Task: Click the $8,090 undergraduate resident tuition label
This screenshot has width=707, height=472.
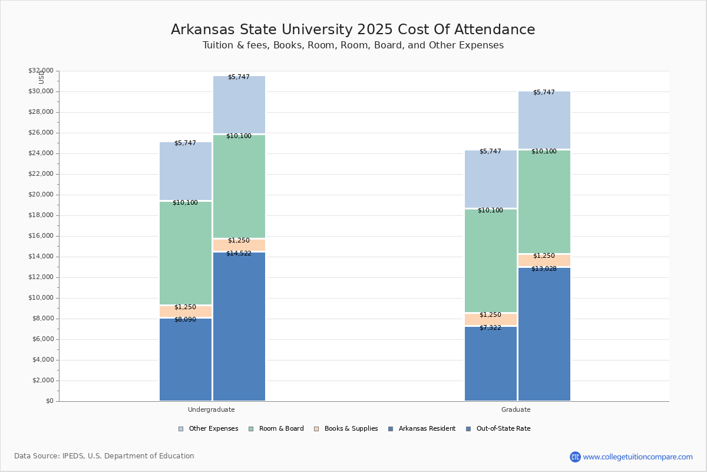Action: click(185, 320)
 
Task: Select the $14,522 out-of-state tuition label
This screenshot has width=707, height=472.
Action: click(239, 254)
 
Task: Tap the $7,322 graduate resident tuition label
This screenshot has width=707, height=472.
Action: click(490, 328)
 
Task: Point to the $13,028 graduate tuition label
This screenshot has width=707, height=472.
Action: click(544, 269)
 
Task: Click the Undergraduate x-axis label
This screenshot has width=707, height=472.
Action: click(211, 409)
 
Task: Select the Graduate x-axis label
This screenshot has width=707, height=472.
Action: click(516, 409)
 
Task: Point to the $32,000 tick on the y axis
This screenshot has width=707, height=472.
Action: click(41, 71)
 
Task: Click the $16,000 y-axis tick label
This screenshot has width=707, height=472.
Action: click(41, 236)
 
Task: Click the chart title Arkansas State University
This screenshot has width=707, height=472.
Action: click(353, 29)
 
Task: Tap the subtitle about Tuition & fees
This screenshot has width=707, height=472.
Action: click(353, 45)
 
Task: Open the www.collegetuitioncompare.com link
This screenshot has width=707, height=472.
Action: click(637, 457)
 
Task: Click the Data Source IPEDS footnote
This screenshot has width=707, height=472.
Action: click(104, 456)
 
